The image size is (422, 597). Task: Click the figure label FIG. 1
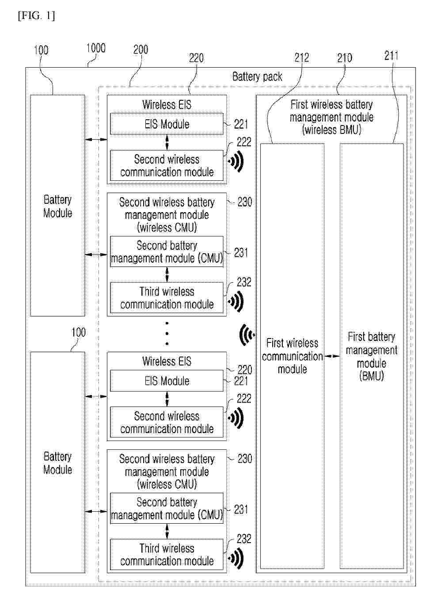pyautogui.click(x=36, y=16)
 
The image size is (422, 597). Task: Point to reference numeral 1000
pyautogui.click(x=95, y=48)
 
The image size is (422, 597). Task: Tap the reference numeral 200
pyautogui.click(x=141, y=49)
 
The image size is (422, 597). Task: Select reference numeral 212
pyautogui.click(x=302, y=57)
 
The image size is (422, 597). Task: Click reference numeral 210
pyautogui.click(x=345, y=58)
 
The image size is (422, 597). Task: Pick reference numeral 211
pyautogui.click(x=391, y=56)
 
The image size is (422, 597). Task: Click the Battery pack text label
pyautogui.click(x=257, y=77)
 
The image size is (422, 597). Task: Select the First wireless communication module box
pyautogui.click(x=292, y=356)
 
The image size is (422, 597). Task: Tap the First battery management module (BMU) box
pyautogui.click(x=371, y=356)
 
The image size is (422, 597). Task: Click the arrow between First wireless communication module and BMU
pyautogui.click(x=332, y=356)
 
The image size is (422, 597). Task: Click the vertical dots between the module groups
pyautogui.click(x=167, y=334)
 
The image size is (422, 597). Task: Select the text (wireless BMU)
pyautogui.click(x=331, y=130)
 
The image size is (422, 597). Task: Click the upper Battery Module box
pyautogui.click(x=57, y=205)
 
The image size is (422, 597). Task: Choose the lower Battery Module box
pyautogui.click(x=57, y=462)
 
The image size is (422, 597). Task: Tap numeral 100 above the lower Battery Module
pyautogui.click(x=79, y=332)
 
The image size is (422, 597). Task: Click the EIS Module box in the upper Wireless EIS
pyautogui.click(x=167, y=124)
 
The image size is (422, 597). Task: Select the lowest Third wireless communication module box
pyautogui.click(x=167, y=555)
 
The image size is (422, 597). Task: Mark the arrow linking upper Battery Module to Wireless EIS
pyautogui.click(x=96, y=140)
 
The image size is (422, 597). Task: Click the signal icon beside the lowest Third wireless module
pyautogui.click(x=236, y=559)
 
